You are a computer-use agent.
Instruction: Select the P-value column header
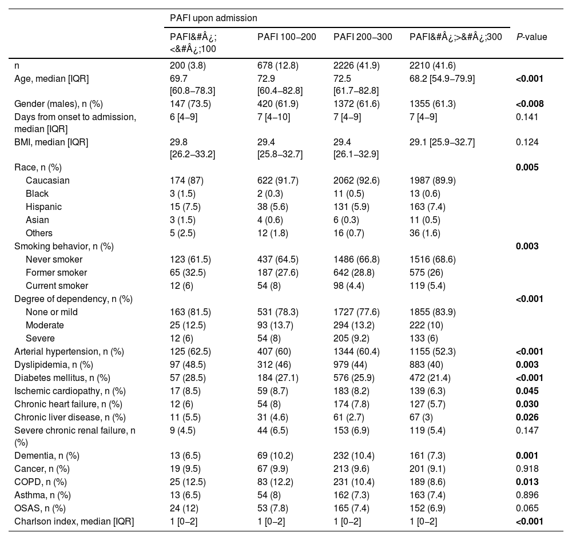coord(531,37)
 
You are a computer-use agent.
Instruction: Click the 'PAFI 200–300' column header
coord(363,37)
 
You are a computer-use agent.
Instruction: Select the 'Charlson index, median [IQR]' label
coord(74,522)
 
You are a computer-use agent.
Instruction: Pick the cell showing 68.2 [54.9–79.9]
coord(442,78)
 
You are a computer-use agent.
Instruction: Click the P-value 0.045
coord(528,391)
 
